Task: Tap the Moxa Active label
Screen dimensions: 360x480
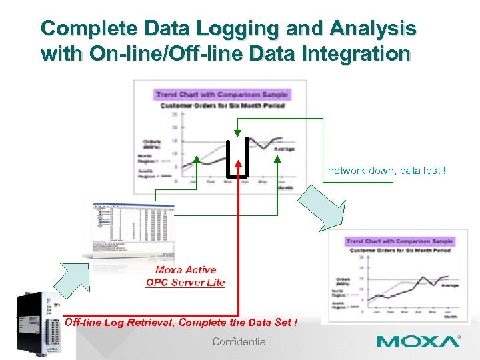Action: point(185,270)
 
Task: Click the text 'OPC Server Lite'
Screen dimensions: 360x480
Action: point(185,283)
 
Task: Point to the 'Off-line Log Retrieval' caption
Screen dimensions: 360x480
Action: point(119,323)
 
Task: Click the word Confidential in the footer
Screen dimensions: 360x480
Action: point(240,342)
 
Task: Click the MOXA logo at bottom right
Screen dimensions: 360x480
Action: point(418,341)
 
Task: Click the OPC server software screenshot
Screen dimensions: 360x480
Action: point(129,231)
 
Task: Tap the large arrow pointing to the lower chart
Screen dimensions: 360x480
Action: point(322,207)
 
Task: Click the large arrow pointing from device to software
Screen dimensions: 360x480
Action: point(71,277)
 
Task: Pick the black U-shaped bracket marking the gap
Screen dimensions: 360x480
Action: point(237,160)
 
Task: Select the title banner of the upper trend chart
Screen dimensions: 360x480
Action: point(220,95)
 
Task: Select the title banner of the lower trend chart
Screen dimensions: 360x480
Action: point(399,241)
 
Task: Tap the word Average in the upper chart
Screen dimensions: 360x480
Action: point(285,149)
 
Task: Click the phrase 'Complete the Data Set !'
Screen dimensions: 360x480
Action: point(239,323)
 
